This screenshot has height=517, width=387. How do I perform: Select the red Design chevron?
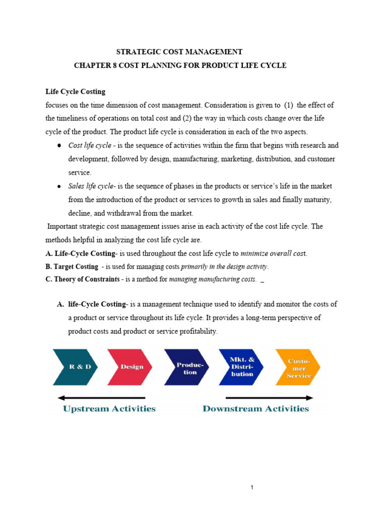point(132,367)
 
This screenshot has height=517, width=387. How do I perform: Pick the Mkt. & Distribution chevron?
point(242,367)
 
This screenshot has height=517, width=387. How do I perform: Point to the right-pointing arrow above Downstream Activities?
point(267,397)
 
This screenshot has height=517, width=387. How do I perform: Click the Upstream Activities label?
point(109,408)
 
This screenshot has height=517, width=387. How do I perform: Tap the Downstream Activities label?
point(255,408)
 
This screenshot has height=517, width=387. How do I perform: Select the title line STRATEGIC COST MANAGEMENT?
point(179,52)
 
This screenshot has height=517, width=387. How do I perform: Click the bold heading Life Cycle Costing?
point(76,91)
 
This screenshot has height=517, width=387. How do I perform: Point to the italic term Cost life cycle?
point(90,145)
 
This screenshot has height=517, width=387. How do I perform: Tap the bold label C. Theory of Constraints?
point(83,279)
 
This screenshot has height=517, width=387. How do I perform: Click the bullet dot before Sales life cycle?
point(59,186)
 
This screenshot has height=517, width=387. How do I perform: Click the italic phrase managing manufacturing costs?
point(213,279)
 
